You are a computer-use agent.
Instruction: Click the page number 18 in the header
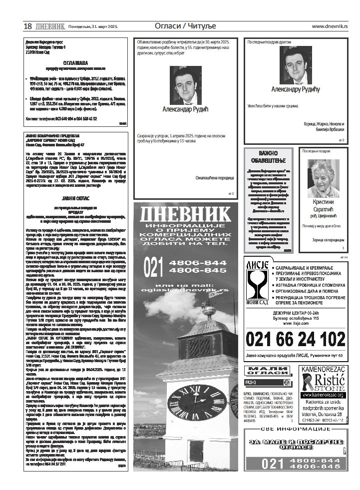point(28,26)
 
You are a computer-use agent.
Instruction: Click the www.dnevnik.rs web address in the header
point(330,26)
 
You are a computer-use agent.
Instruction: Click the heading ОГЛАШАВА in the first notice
point(75,62)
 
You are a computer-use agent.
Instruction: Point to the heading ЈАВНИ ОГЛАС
point(75,198)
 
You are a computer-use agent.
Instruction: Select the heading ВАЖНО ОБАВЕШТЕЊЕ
point(268,156)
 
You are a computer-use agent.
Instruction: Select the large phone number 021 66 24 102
point(295,339)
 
